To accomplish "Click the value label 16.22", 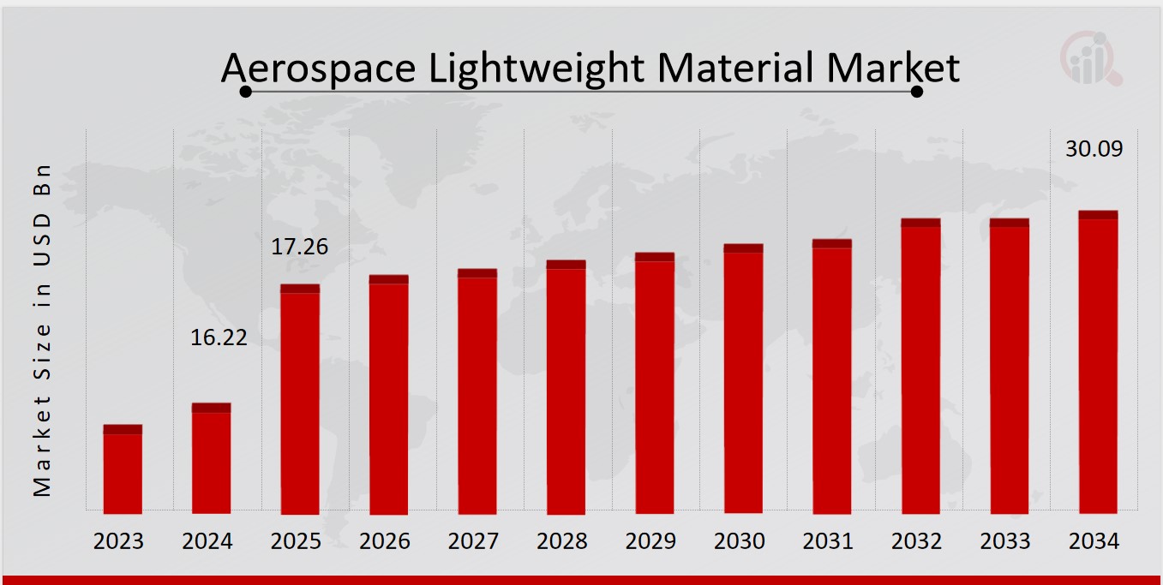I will click(219, 337).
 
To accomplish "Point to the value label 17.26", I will click(300, 248).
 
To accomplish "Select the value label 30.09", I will click(1094, 148).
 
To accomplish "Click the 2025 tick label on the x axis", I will click(296, 541).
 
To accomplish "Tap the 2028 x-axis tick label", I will click(561, 541).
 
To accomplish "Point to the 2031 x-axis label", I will click(828, 541).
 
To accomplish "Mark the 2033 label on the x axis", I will click(1005, 541).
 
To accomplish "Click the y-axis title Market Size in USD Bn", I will click(42, 330).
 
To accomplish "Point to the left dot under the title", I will click(245, 92).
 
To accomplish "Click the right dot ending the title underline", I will click(916, 92).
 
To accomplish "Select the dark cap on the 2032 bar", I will click(920, 223).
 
